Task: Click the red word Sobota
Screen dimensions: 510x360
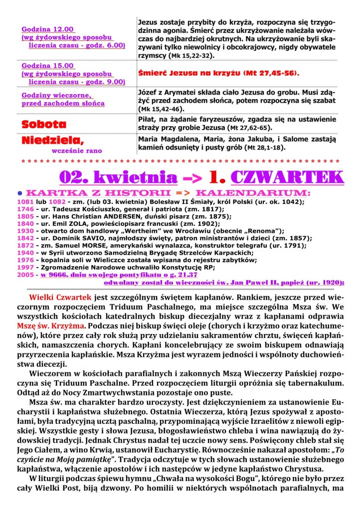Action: click(44, 124)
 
